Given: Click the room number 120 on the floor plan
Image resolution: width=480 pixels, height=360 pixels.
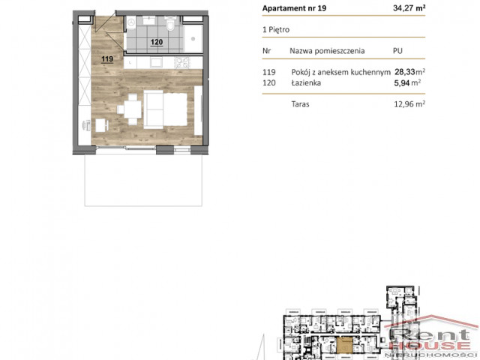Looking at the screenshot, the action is [x=157, y=42].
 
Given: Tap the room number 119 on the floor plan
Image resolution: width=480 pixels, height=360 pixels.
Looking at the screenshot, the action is [x=107, y=58].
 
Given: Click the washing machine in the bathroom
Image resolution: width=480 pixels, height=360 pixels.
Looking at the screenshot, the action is [x=131, y=22].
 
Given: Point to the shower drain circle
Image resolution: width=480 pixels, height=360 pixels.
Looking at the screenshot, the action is [x=193, y=38].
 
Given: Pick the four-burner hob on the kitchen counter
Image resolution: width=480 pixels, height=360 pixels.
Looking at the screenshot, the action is [x=182, y=63].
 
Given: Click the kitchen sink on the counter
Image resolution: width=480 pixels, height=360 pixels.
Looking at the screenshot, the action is [x=156, y=63].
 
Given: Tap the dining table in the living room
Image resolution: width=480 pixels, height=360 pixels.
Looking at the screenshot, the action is [x=133, y=109].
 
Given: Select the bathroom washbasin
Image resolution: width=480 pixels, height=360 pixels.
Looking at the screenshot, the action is [x=149, y=20].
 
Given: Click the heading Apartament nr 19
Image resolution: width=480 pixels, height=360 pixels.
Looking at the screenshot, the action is [x=294, y=8].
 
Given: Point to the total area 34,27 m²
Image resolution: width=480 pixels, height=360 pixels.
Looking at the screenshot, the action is [x=409, y=8].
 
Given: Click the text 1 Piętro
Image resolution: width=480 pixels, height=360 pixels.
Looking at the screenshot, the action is [x=276, y=30].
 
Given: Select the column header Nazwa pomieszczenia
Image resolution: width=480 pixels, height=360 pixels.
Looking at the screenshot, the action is [x=327, y=51].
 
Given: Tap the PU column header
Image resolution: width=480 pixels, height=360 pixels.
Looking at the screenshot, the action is [x=397, y=51].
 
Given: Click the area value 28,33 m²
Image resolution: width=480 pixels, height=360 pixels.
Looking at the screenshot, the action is [x=409, y=72].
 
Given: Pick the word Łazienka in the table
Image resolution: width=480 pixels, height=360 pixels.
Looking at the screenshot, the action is [x=306, y=82].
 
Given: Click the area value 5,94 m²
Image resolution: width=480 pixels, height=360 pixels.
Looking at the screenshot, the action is [x=407, y=82].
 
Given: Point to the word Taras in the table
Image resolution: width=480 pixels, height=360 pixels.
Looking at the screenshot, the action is [x=300, y=104].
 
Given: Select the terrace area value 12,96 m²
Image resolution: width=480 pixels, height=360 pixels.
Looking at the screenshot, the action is [x=409, y=104].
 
